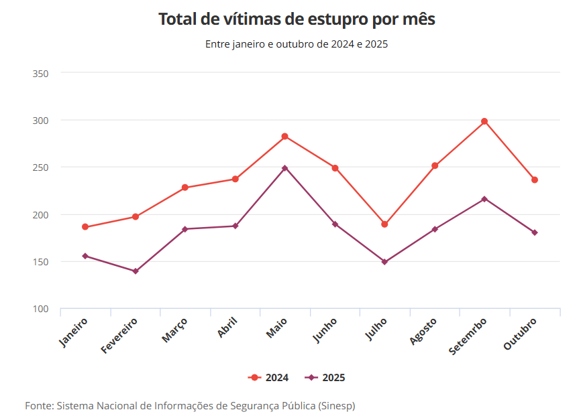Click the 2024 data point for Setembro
tap(484, 121)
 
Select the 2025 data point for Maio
tap(284, 168)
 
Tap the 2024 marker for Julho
tap(384, 224)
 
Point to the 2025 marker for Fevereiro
tap(136, 271)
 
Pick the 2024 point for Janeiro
tap(85, 227)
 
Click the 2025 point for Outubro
tap(535, 232)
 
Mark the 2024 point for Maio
tap(284, 137)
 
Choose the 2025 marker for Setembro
tap(484, 199)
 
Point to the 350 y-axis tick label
tap(41, 73)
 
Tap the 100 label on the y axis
tap(41, 309)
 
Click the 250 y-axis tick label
tap(41, 167)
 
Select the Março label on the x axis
tap(175, 330)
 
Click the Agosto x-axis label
tap(423, 332)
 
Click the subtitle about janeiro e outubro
tap(297, 45)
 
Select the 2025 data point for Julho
tap(384, 262)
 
